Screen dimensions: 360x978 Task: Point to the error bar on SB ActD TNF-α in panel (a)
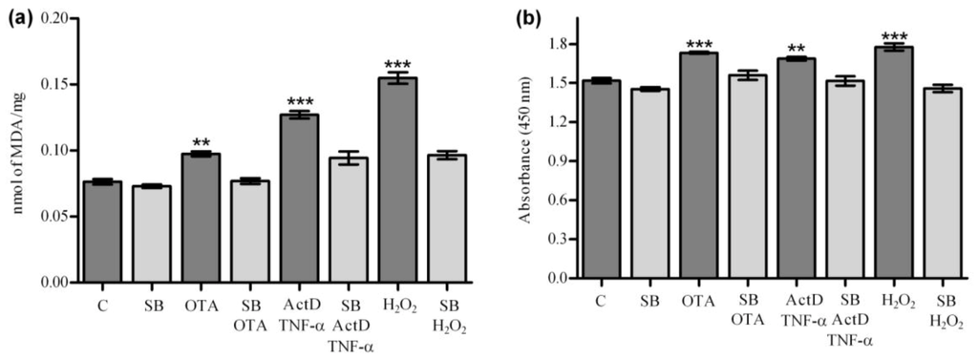[x=348, y=159]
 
